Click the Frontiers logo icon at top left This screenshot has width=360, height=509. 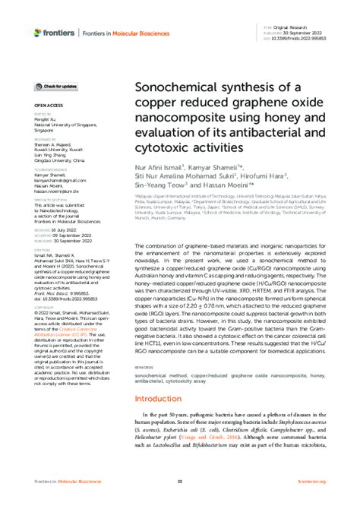38,33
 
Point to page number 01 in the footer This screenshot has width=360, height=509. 180,482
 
